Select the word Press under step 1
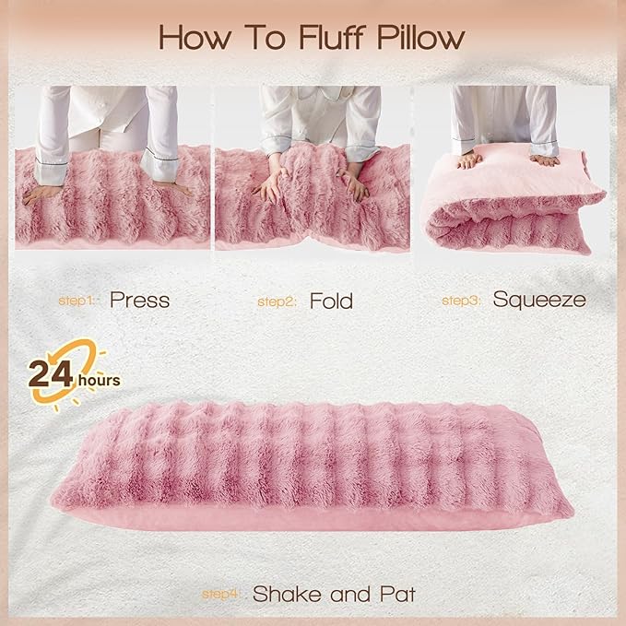[x=139, y=300]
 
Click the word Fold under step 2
[x=331, y=300]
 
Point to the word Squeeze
[x=538, y=300]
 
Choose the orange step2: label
[x=276, y=301]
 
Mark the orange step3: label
[x=462, y=301]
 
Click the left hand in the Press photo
[x=41, y=193]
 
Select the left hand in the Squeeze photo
[x=470, y=159]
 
